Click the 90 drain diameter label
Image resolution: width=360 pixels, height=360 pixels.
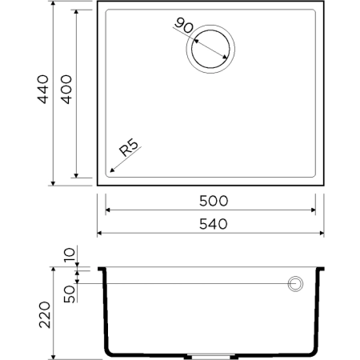pyautogui.click(x=183, y=26)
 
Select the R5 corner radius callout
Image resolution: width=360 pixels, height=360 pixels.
pyautogui.click(x=130, y=150)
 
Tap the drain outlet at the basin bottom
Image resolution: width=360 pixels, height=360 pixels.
pyautogui.click(x=210, y=354)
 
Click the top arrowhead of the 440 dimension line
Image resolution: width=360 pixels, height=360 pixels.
pyautogui.click(x=53, y=6)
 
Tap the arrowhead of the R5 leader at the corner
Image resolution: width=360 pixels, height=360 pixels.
pyautogui.click(x=108, y=172)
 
